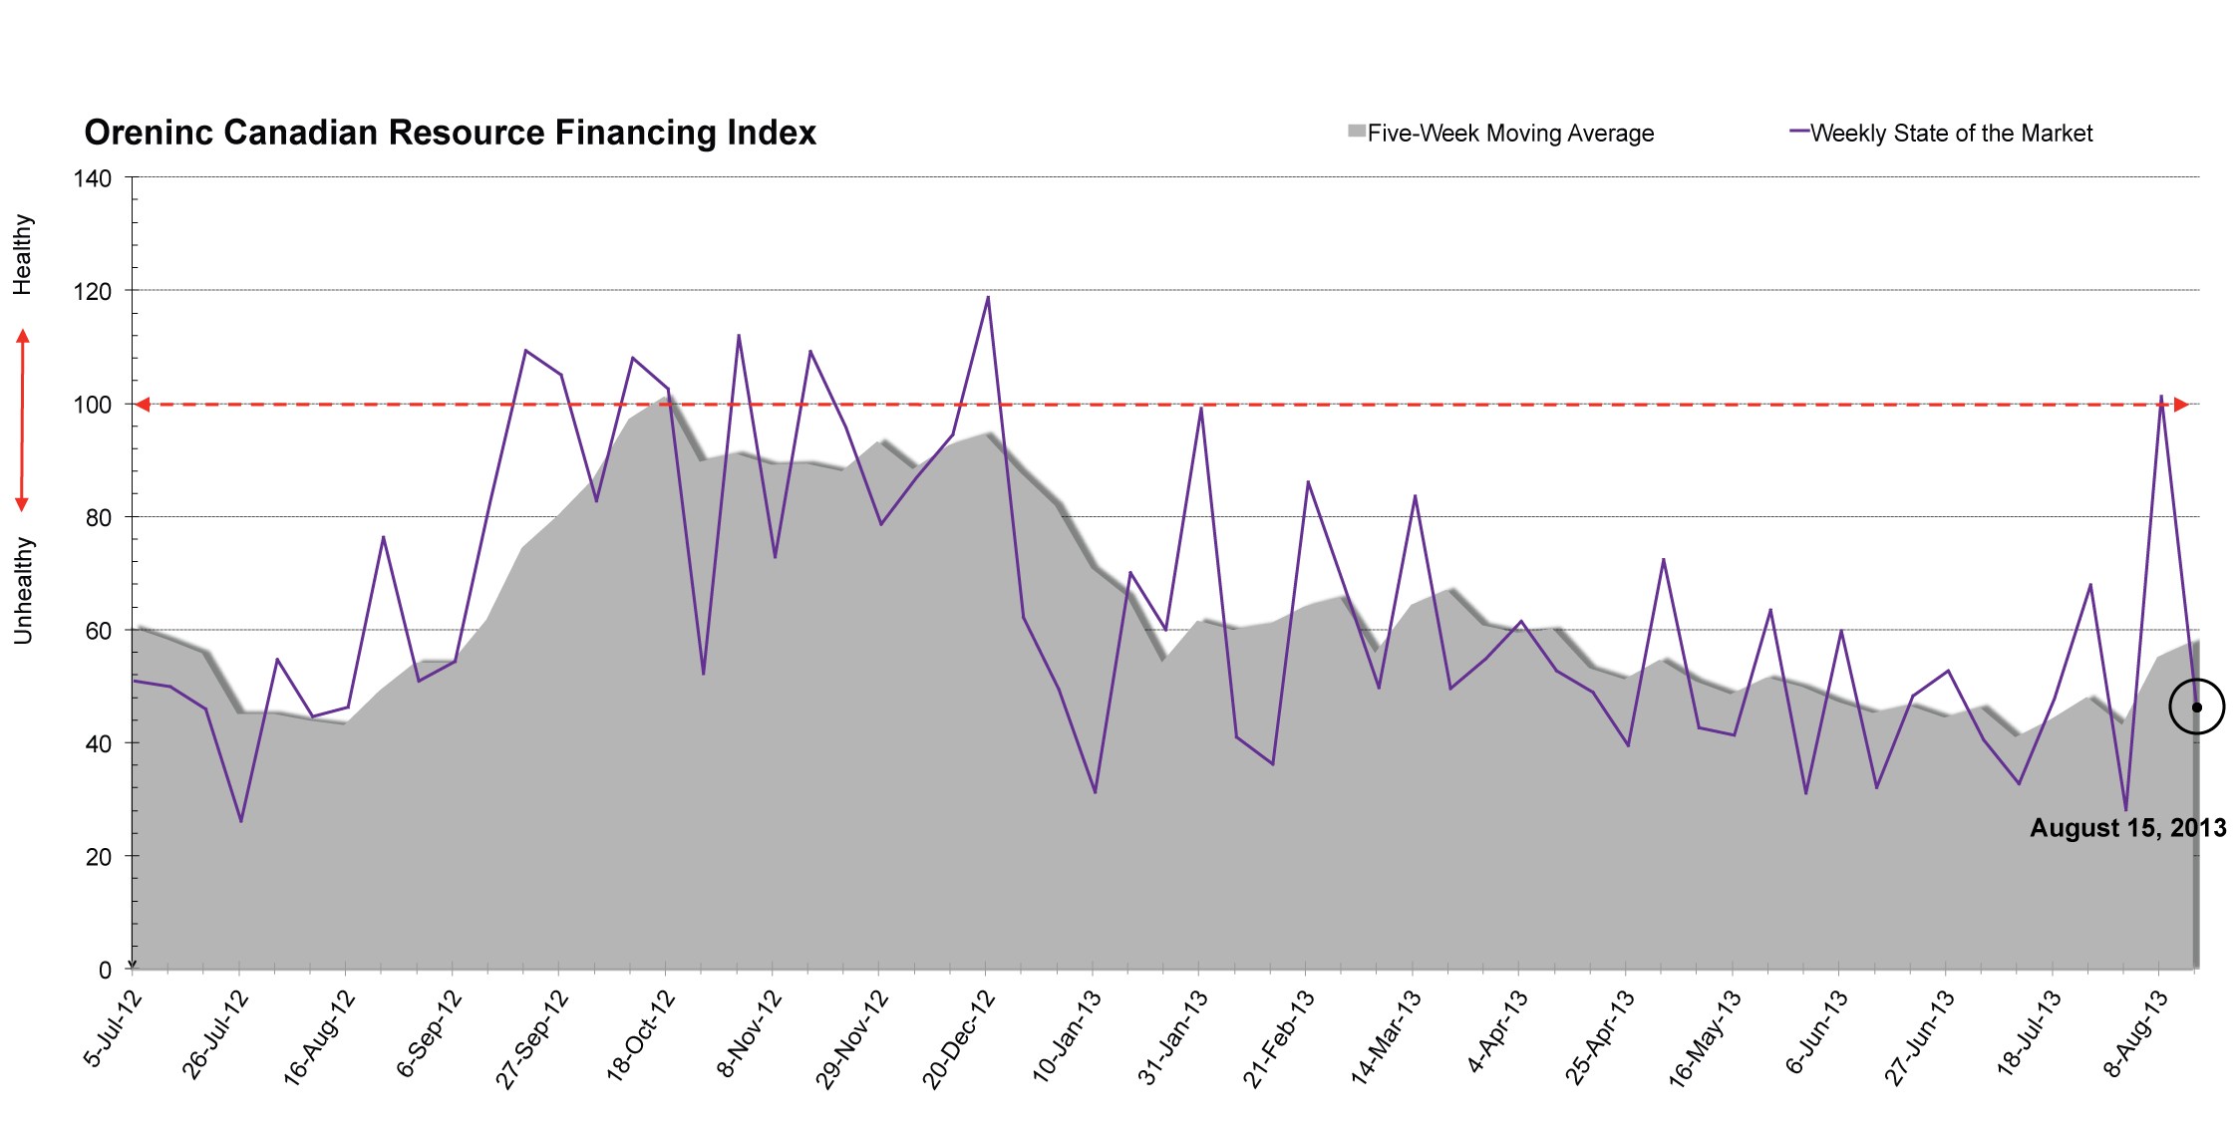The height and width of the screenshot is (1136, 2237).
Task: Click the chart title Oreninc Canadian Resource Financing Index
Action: [x=450, y=133]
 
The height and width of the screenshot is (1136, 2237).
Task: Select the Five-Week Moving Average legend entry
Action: [x=1500, y=133]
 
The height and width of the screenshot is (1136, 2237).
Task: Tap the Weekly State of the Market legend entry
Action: [x=1941, y=133]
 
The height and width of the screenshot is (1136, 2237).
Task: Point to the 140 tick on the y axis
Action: [x=93, y=178]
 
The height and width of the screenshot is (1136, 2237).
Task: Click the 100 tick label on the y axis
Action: [x=93, y=405]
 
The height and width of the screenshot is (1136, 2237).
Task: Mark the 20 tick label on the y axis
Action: [x=99, y=857]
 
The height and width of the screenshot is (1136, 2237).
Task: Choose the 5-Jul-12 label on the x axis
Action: [x=112, y=1029]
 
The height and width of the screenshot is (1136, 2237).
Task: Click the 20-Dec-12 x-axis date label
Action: [x=958, y=1038]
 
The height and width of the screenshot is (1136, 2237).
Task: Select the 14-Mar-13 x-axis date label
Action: [x=1385, y=1038]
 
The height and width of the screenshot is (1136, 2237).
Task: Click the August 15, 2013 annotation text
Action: [x=2128, y=828]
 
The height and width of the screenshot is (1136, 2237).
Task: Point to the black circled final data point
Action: [x=2196, y=707]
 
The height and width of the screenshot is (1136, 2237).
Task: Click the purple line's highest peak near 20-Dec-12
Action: [x=988, y=296]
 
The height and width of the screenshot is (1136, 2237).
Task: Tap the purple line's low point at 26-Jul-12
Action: [x=241, y=821]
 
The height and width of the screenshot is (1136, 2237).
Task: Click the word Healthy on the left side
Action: [x=23, y=254]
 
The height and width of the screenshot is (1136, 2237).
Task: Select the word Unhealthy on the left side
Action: [x=23, y=591]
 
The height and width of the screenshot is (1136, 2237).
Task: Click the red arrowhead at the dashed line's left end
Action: [x=143, y=405]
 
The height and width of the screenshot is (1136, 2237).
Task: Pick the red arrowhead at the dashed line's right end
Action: [x=2181, y=405]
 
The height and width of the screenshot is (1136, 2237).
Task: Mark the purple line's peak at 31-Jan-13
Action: [x=1201, y=407]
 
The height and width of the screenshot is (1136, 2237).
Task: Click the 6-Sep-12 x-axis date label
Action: [x=428, y=1033]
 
